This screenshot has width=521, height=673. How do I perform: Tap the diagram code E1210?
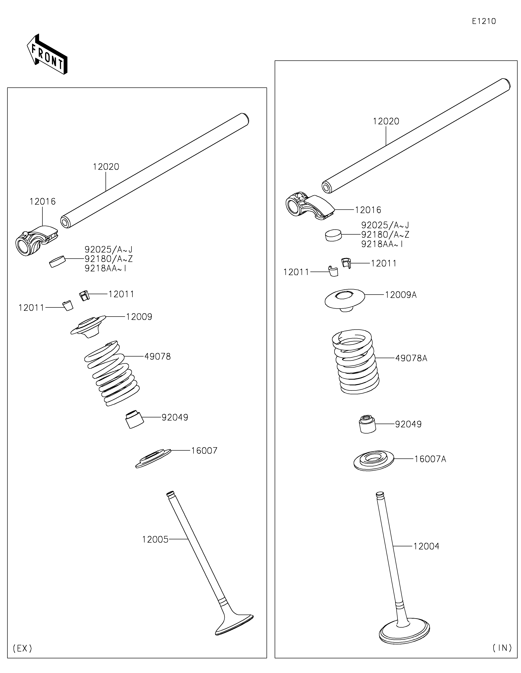tap(484, 21)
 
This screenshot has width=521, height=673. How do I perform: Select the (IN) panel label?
tap(502, 648)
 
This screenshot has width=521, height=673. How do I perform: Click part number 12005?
tap(155, 539)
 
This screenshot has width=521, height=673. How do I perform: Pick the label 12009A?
tap(401, 295)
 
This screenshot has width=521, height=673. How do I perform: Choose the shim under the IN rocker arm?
tap(334, 235)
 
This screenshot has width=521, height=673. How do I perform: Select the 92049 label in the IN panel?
tap(408, 424)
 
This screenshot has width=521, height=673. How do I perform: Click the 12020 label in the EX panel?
tap(106, 167)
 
